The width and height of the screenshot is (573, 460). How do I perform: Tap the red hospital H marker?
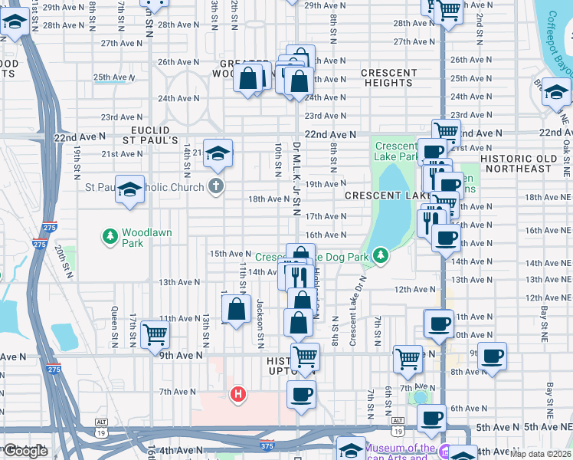[238, 394]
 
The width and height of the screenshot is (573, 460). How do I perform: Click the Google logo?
[25, 451]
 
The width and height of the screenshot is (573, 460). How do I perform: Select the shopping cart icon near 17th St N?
[156, 333]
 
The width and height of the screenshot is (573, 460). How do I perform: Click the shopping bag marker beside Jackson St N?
[237, 309]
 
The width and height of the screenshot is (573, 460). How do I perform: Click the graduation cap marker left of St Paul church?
[129, 189]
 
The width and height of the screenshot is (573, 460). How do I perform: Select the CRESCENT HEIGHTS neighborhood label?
[388, 77]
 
